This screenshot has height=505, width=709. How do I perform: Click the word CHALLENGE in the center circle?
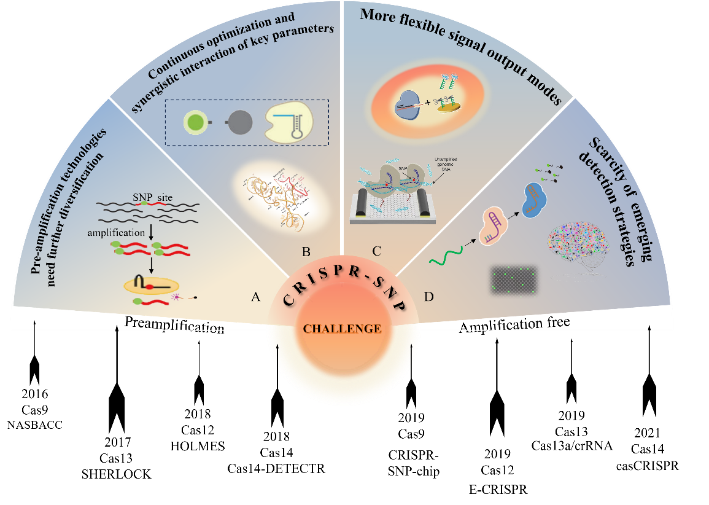[x=342, y=329]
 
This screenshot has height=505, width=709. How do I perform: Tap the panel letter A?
[x=257, y=297]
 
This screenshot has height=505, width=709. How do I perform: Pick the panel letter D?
[x=428, y=297]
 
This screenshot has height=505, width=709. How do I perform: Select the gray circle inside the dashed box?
[x=239, y=122]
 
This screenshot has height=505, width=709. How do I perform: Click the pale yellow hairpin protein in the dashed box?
[x=288, y=122]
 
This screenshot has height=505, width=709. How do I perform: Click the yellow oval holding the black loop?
[x=151, y=285]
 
